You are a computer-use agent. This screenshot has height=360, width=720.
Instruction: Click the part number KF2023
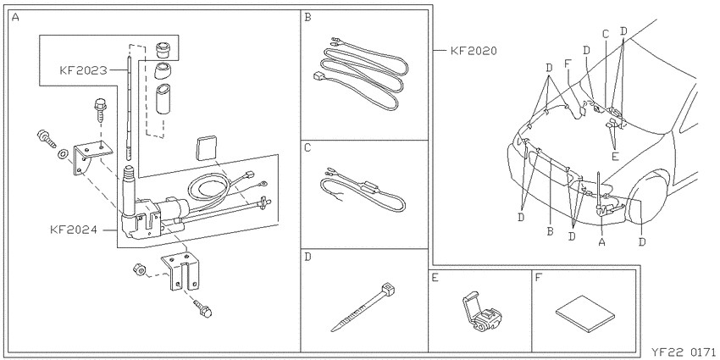coord(83,70)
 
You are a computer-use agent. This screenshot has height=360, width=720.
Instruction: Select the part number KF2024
coord(74,230)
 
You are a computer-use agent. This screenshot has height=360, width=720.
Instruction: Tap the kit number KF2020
coord(474,51)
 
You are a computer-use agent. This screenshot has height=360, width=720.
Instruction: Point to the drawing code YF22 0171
coord(684,352)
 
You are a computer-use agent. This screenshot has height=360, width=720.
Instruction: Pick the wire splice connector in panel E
coord(481,313)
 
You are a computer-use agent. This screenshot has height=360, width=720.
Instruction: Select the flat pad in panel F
coord(584,313)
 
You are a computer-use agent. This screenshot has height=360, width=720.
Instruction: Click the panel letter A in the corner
coord(15,18)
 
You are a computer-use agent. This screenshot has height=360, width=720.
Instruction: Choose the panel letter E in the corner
coord(435,277)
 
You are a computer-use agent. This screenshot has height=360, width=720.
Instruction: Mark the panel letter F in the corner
coord(539,277)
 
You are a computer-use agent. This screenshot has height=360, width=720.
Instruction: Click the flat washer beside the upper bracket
coord(62,153)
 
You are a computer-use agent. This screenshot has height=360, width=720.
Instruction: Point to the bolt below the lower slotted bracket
coord(202,309)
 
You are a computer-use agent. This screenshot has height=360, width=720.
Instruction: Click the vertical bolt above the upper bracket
coord(101,108)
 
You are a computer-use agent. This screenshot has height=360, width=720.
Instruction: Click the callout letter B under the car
coord(550,232)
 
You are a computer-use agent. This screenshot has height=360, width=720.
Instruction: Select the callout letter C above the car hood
coord(606,34)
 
